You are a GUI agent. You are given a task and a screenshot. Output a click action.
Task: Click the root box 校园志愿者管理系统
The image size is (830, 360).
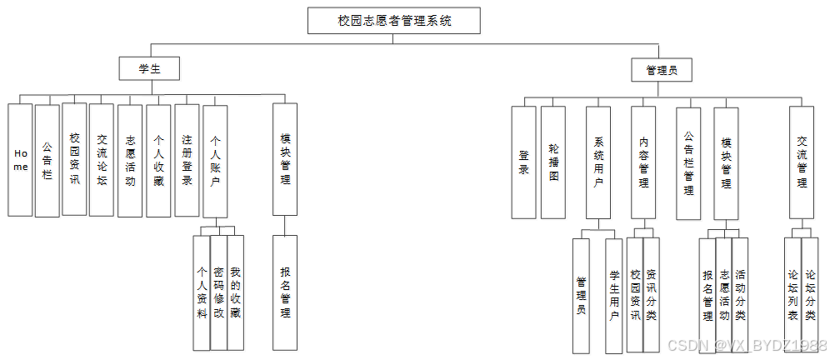[394, 21]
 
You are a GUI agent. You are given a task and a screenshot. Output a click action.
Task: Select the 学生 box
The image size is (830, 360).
[149, 69]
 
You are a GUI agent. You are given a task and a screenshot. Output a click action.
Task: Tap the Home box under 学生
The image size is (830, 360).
[21, 160]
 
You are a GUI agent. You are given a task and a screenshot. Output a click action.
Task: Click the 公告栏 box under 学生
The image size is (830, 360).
[47, 160]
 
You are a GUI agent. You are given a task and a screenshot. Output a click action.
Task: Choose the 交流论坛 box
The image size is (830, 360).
[102, 159]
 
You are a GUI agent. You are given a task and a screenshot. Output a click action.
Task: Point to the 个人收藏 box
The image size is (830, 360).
[158, 160]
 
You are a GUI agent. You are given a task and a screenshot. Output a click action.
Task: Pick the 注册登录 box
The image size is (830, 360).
[187, 160]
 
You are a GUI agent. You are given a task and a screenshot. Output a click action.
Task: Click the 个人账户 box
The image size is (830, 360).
[215, 160]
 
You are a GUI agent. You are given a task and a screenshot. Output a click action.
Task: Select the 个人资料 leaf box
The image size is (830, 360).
[201, 292]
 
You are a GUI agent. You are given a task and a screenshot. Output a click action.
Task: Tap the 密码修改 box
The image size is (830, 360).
[218, 292]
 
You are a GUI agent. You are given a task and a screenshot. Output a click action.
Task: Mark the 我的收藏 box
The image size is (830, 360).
[236, 292]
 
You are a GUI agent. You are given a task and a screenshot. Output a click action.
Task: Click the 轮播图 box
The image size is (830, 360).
[553, 162]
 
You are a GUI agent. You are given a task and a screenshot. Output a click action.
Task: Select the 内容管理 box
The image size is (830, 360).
[643, 162]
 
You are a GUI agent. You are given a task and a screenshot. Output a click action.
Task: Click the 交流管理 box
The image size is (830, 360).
[802, 162]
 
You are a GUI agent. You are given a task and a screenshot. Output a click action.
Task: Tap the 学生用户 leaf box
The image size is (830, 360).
[614, 296]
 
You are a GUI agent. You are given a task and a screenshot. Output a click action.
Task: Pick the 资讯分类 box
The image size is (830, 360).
[652, 293]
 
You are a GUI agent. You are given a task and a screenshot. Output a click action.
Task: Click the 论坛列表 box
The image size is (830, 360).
[792, 293]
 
